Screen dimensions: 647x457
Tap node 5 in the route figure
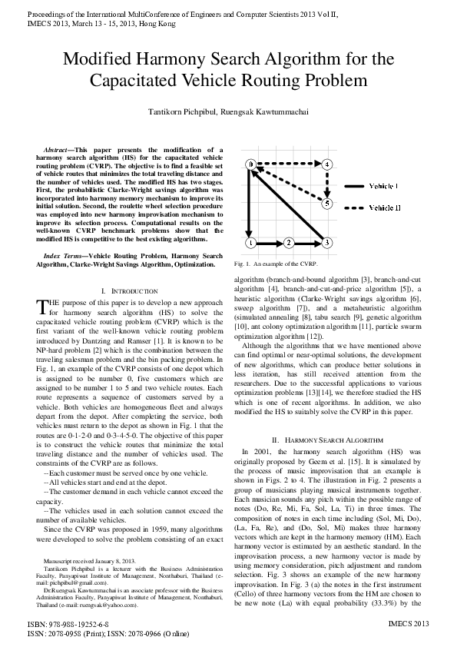[327, 204]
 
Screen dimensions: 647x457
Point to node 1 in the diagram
[250, 243]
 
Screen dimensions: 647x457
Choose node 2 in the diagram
[289, 243]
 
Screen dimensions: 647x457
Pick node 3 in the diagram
[327, 243]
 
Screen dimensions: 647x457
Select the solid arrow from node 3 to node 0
[289, 204]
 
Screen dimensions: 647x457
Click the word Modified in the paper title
[99, 60]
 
